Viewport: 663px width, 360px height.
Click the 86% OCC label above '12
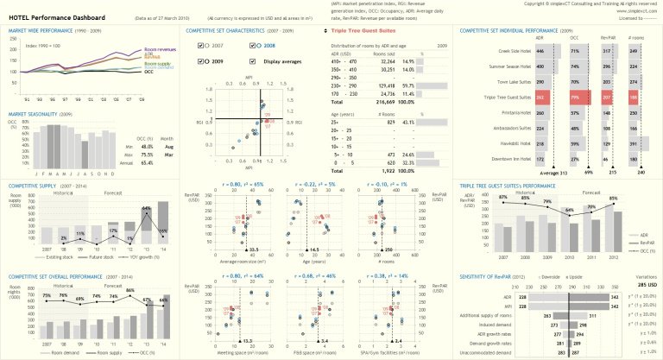click(x=129, y=289)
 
